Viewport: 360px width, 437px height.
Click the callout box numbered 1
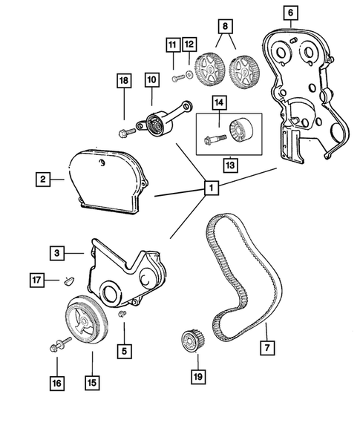click(x=211, y=188)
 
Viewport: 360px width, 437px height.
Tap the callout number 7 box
click(x=265, y=346)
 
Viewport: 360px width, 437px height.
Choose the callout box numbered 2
click(x=44, y=178)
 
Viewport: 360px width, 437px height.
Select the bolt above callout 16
click(x=56, y=346)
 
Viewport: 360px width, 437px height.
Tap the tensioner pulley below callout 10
click(x=157, y=122)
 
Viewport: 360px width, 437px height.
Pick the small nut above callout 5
click(x=123, y=317)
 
